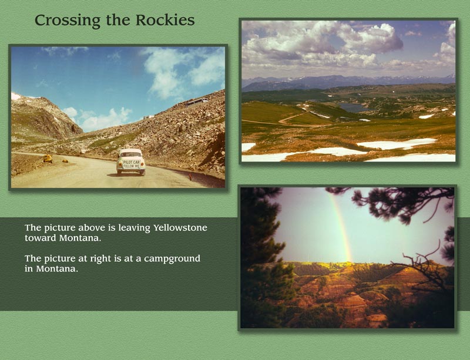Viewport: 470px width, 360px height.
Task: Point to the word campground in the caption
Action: pos(170,258)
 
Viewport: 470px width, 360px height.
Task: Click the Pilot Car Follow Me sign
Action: pos(130,164)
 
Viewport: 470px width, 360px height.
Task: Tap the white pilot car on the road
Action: pos(130,162)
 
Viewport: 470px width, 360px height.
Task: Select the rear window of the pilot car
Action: pos(130,153)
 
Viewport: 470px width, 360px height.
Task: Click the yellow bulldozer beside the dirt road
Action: pos(48,159)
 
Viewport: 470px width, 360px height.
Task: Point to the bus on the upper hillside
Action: pos(196,102)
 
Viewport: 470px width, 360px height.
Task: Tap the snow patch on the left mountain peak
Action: pos(16,96)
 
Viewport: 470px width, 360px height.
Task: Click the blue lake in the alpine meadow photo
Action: pos(354,107)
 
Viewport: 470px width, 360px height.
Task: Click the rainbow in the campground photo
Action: pos(341,226)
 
